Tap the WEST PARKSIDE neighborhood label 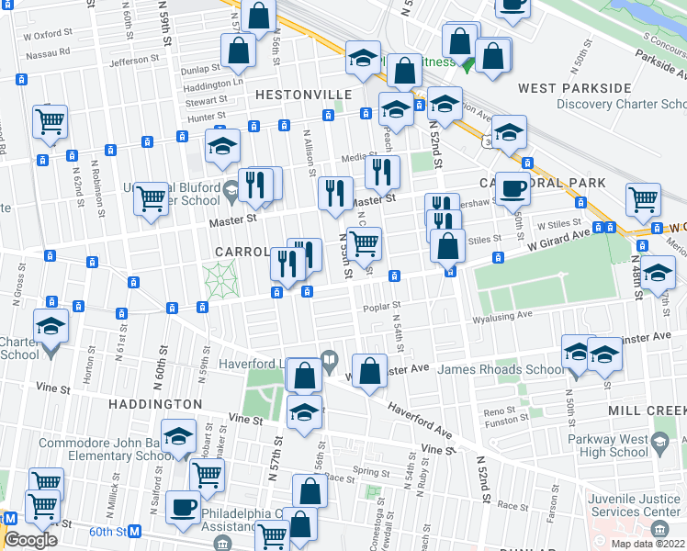574,88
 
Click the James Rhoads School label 501,369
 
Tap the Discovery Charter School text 608,104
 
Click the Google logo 30,540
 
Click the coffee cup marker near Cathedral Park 512,187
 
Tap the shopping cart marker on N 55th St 365,243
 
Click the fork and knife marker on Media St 381,171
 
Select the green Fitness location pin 467,64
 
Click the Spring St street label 370,471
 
